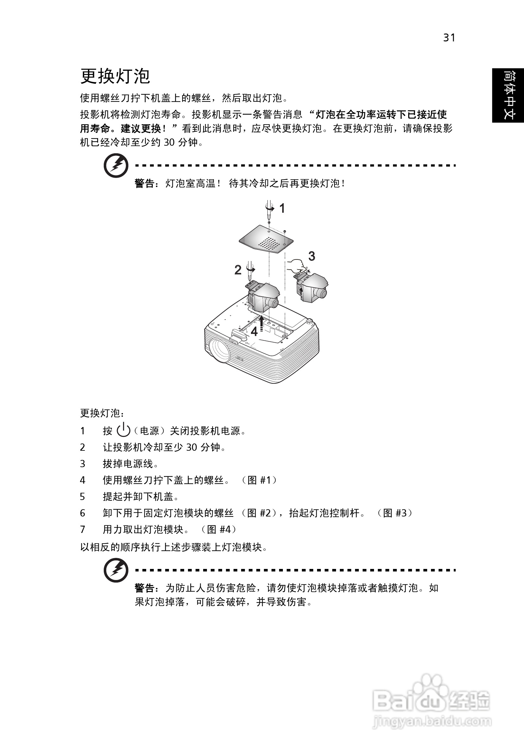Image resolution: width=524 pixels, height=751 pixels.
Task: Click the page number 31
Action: click(449, 38)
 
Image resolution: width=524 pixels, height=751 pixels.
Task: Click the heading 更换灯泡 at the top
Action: click(115, 76)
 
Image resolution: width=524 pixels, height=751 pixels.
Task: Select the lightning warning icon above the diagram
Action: click(115, 166)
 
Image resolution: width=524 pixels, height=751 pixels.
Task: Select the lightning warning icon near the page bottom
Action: click(115, 571)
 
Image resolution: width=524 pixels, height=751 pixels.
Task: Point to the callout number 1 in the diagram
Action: click(282, 208)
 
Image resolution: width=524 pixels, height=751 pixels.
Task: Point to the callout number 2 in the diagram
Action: click(238, 270)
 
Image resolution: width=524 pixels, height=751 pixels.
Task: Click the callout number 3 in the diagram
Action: click(311, 256)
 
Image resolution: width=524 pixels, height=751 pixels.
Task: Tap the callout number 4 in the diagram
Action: click(254, 331)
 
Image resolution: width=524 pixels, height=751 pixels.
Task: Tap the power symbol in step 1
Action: click(123, 430)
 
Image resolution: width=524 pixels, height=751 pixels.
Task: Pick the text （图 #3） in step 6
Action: click(394, 513)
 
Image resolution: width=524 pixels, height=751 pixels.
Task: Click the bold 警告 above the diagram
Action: click(144, 184)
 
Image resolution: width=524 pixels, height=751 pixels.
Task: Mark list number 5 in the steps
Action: click(83, 497)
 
